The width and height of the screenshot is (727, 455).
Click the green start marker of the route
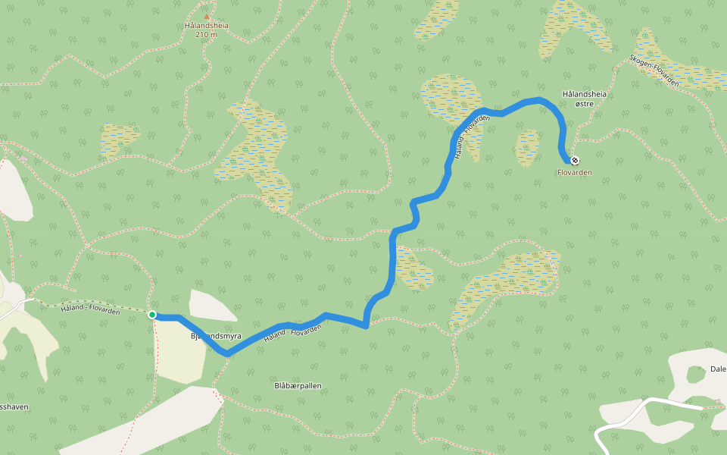tap(152, 314)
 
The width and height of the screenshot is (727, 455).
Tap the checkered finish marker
tap(575, 160)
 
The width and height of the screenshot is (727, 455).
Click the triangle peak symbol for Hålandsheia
tap(207, 16)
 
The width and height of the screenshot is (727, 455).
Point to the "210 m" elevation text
tap(207, 34)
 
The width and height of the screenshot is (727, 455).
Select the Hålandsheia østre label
tap(585, 98)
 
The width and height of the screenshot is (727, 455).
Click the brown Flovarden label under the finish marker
tap(574, 173)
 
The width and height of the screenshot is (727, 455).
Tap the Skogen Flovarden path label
tap(654, 70)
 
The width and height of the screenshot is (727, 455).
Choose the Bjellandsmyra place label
tap(215, 335)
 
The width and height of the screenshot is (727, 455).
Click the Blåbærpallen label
tap(298, 385)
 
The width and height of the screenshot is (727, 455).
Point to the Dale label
tap(718, 369)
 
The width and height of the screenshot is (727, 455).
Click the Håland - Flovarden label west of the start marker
tap(91, 306)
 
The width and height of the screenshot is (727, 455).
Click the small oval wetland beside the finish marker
tap(527, 147)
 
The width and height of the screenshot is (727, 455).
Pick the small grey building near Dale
tap(717, 401)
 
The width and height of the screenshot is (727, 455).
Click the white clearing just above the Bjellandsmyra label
tap(212, 306)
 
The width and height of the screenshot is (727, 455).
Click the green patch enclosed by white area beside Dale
tap(695, 374)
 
